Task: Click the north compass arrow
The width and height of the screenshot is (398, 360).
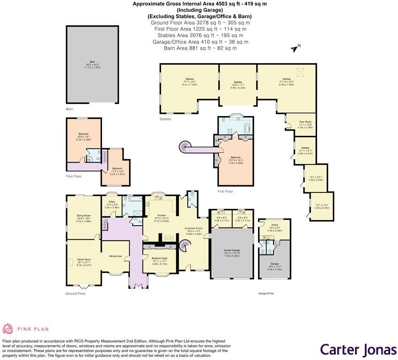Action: pos(295,48)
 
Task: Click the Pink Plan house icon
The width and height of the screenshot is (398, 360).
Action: pos(8,329)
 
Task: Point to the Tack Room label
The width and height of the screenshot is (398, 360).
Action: pos(305,123)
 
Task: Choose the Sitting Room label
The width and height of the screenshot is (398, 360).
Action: pos(83,216)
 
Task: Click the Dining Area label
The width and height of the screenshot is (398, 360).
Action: pos(116,256)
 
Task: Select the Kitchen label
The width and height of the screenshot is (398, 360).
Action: pos(162,216)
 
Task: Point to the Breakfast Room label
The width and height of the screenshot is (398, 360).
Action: pos(192,229)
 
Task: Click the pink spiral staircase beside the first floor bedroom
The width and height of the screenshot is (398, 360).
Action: pos(182,147)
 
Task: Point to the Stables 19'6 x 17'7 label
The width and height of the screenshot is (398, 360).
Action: pos(238,83)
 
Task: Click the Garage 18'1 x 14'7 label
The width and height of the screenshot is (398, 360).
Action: pos(274,268)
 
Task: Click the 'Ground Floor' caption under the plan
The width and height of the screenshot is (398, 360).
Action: pos(75,294)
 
